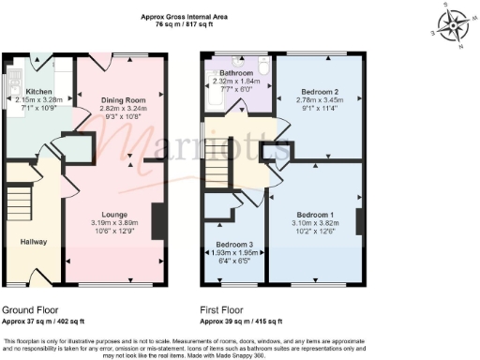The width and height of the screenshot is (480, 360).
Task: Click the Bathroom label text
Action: tap(237, 72)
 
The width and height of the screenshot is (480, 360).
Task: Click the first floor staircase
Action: tap(217, 170)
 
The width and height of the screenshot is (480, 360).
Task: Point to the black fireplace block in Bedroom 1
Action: tap(359, 221)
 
